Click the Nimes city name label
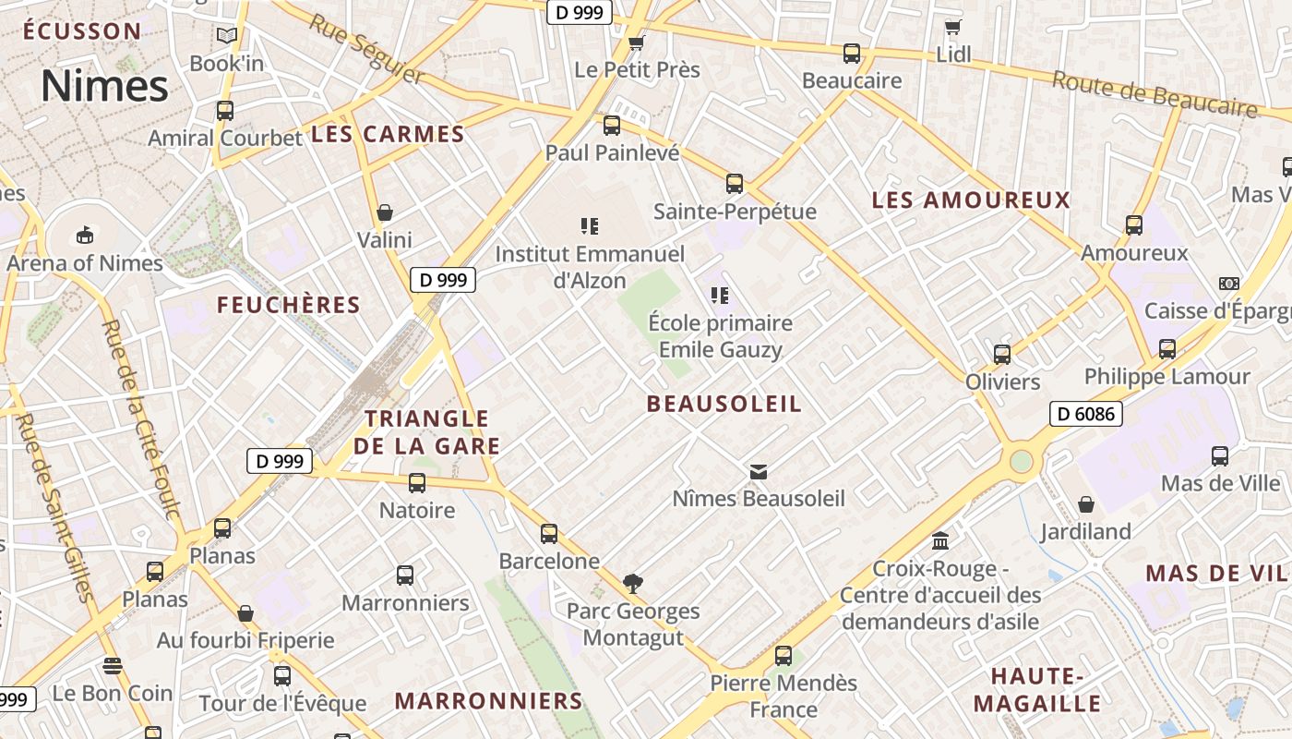coord(104,86)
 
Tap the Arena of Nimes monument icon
coord(85,234)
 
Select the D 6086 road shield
coord(1085,414)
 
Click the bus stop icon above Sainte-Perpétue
coord(735,183)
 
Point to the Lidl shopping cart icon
coord(953,27)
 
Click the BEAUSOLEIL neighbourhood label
coord(724,404)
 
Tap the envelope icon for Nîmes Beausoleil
coord(758,472)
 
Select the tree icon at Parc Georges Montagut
coord(632,583)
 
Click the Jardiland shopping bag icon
coord(1086,504)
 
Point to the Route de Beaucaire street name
coord(1154,94)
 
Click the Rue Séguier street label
coord(365,49)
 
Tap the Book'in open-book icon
coord(226,36)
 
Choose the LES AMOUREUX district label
coord(971,200)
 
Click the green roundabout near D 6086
coord(1021,460)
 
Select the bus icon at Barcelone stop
coord(549,533)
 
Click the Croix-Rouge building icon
coord(940,540)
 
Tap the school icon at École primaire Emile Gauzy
coord(720,296)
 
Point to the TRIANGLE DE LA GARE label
coord(426,432)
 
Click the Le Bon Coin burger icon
coord(113,665)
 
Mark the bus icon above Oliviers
coord(1002,354)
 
